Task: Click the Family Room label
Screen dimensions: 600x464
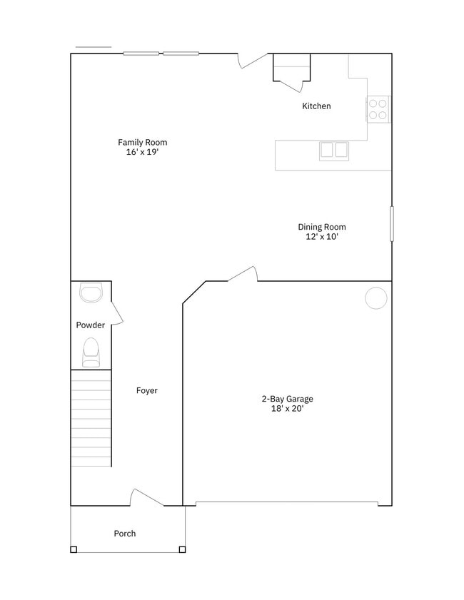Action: (x=143, y=142)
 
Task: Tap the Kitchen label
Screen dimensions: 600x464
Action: (x=316, y=106)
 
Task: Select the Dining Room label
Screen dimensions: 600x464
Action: (x=322, y=227)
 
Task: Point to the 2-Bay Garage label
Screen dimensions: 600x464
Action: (x=287, y=399)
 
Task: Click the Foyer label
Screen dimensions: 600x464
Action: (x=147, y=390)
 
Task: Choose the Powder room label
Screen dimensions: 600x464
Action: (x=91, y=325)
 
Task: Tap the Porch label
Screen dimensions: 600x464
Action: (x=125, y=533)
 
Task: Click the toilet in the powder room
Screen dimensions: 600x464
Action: (x=91, y=352)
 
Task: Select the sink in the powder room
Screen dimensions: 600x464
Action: (x=91, y=292)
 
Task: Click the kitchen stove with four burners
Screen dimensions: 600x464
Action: (x=378, y=108)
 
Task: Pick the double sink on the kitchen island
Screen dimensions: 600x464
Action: (x=333, y=150)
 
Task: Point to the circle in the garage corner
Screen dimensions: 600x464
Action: (x=376, y=298)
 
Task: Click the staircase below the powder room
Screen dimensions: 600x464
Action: (x=91, y=418)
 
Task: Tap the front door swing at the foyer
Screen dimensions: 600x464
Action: (x=147, y=497)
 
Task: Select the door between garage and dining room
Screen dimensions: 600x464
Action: (x=243, y=274)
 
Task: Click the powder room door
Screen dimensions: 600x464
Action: (x=117, y=312)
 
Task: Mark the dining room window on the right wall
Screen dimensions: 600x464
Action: (x=391, y=224)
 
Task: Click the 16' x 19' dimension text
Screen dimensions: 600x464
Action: (x=143, y=152)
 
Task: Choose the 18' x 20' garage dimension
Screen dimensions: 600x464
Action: (x=287, y=409)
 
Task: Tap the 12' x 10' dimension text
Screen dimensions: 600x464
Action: (x=322, y=237)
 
